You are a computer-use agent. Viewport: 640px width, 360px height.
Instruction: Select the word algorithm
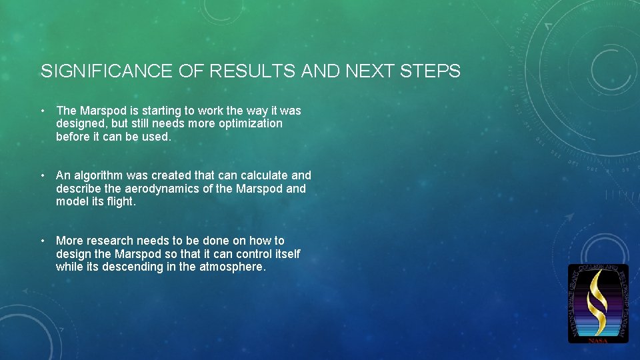pos(98,175)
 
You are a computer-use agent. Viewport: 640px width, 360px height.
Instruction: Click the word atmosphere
pos(233,267)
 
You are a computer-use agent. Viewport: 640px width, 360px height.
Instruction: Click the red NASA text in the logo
pos(598,340)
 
